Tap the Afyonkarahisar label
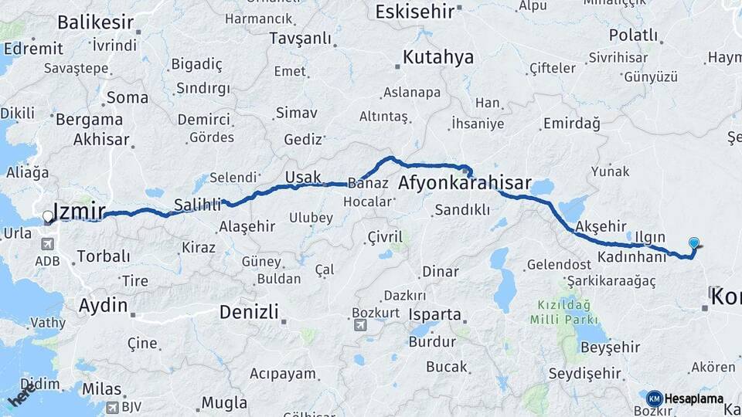click(x=465, y=184)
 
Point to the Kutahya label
click(x=437, y=57)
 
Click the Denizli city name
click(x=248, y=313)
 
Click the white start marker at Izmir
click(x=48, y=218)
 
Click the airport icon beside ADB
click(x=48, y=244)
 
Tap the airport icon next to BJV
click(x=113, y=406)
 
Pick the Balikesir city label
click(x=96, y=22)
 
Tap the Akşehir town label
click(x=601, y=225)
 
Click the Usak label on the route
click(x=302, y=177)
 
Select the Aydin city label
click(x=103, y=305)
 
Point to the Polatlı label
click(x=633, y=36)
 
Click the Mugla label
click(x=224, y=402)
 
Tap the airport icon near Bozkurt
click(x=360, y=325)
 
